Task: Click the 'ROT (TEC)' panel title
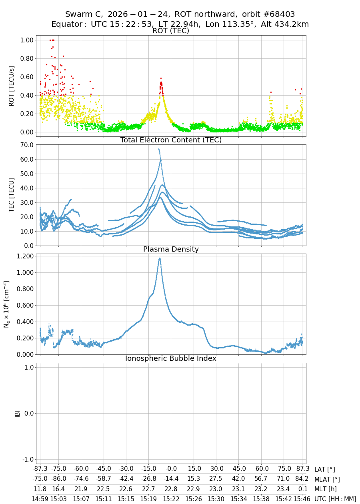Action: click(171, 31)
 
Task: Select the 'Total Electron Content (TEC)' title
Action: click(171, 140)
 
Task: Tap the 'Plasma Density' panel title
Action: click(171, 249)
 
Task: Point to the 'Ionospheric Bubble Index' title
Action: click(171, 358)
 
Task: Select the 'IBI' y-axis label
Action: click(17, 413)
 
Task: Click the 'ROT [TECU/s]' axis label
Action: click(12, 86)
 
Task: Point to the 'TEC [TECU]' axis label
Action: click(12, 195)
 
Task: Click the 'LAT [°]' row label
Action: click(324, 469)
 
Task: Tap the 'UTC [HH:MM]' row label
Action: click(335, 499)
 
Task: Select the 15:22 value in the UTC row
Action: click(171, 499)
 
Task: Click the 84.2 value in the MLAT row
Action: click(302, 479)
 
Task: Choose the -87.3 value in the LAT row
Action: click(40, 469)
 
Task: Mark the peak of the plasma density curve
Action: click(160, 258)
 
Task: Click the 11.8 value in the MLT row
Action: click(40, 489)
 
